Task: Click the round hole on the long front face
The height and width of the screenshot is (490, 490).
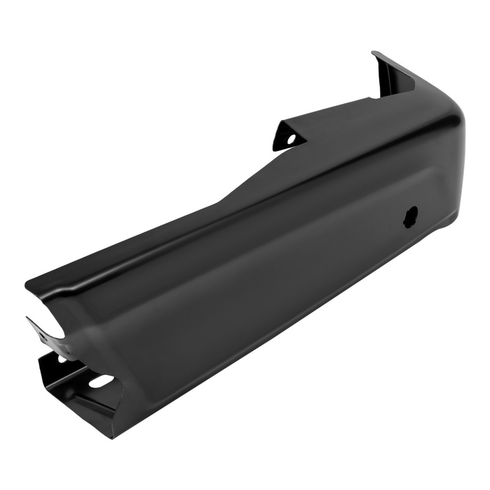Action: (x=410, y=216)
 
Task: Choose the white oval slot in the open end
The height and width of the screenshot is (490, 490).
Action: (x=101, y=381)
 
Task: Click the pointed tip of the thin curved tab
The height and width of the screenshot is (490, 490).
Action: (x=28, y=318)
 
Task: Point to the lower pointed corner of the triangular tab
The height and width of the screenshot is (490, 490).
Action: (x=274, y=150)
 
